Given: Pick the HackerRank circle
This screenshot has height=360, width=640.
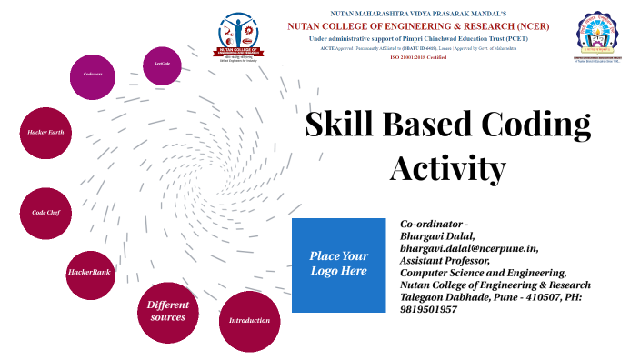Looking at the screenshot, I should (x=90, y=272).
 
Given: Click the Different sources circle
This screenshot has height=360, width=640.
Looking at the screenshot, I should (x=168, y=311).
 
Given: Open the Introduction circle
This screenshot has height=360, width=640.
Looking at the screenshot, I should (x=249, y=320).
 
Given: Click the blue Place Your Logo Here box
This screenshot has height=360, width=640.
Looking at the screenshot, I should (x=339, y=265).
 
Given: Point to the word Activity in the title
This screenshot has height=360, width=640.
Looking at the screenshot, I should (x=447, y=168).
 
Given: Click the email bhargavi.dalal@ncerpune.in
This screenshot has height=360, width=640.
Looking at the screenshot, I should (x=469, y=246).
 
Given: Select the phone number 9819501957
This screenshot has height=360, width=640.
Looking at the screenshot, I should (x=429, y=309).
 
